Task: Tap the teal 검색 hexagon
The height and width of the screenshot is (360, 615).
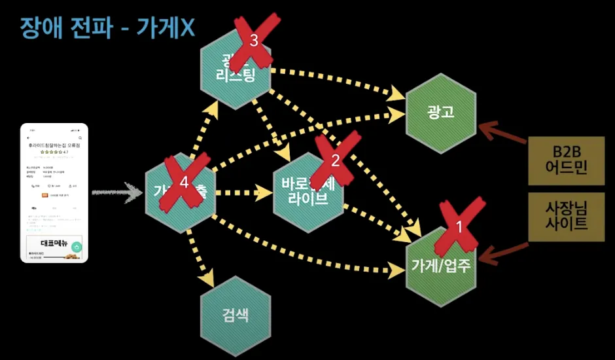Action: [236, 318]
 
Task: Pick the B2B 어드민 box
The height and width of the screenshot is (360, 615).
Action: [566, 161]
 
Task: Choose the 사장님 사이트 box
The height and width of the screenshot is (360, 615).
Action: [566, 216]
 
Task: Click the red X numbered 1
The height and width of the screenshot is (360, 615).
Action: [459, 226]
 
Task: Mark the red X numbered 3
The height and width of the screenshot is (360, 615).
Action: [254, 41]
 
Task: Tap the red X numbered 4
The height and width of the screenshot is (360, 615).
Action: [184, 184]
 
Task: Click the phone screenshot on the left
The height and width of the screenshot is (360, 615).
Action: [54, 192]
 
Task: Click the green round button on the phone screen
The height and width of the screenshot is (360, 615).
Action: [77, 247]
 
